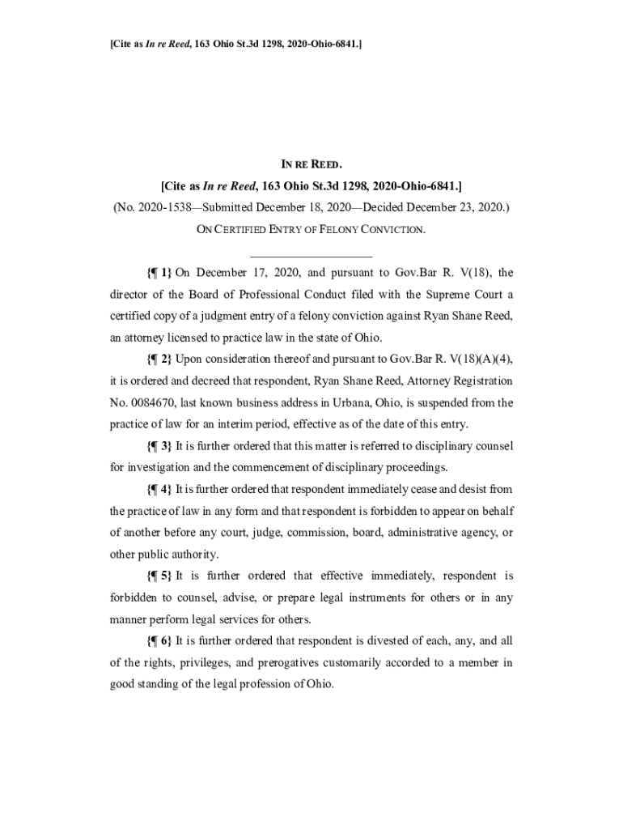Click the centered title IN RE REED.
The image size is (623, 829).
[x=311, y=164]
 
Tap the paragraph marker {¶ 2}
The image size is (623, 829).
[x=159, y=359]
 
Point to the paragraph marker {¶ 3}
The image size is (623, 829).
[x=159, y=446]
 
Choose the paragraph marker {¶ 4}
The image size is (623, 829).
[x=159, y=490]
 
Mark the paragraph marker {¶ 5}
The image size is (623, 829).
[x=159, y=576]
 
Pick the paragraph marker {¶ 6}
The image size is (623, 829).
[x=159, y=640]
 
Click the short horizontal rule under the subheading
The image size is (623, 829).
[x=311, y=256]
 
